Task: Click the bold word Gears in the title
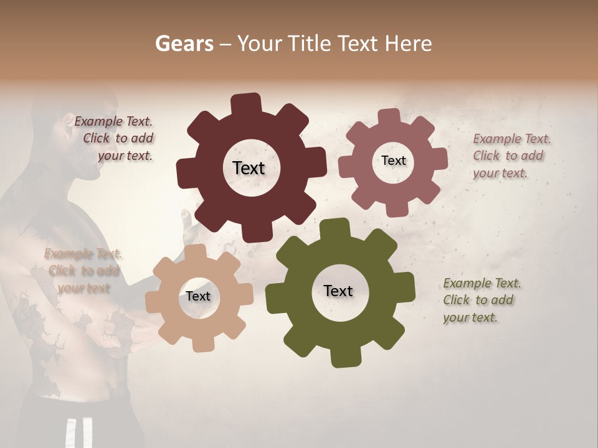click(184, 44)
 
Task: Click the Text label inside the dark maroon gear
click(249, 168)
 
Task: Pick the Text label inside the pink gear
click(394, 161)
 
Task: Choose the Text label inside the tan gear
click(198, 296)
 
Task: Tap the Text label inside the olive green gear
click(338, 291)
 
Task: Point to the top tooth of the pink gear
click(389, 117)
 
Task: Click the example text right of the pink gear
click(511, 156)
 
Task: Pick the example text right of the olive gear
click(481, 300)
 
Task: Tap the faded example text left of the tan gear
click(83, 271)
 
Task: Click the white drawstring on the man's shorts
click(80, 432)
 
